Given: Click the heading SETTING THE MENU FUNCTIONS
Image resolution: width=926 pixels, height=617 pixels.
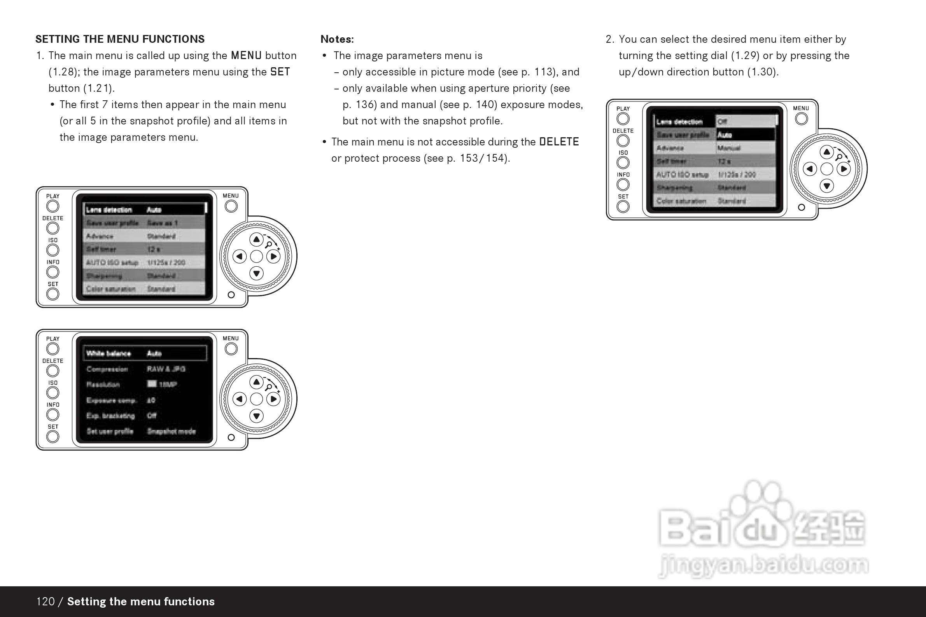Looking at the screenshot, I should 120,39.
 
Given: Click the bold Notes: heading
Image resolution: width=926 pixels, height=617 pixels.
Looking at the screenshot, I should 337,39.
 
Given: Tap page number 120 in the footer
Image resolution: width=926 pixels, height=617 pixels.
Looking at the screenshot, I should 45,601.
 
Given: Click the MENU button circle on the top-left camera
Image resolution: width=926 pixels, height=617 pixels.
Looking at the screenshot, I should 231,206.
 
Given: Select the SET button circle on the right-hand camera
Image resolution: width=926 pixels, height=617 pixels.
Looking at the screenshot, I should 623,206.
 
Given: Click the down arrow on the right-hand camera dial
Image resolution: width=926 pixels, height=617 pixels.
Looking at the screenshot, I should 826,186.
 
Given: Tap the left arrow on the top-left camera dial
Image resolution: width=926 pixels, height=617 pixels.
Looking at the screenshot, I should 239,257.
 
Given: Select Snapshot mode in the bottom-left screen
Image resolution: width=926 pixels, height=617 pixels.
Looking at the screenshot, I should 171,431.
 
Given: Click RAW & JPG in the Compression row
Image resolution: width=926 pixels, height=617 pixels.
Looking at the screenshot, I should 166,369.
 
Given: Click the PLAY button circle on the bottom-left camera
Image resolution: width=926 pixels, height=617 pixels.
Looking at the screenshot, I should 53,349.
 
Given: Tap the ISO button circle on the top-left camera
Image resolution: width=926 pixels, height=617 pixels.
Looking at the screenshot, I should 53,250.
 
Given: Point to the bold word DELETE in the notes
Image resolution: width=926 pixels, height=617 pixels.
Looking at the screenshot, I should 559,142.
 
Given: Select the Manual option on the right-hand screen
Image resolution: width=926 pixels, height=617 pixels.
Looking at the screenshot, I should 729,148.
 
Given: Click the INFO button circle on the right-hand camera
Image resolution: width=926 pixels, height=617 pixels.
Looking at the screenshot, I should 623,185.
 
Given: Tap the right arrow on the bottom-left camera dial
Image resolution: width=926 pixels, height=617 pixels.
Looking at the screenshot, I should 273,399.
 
